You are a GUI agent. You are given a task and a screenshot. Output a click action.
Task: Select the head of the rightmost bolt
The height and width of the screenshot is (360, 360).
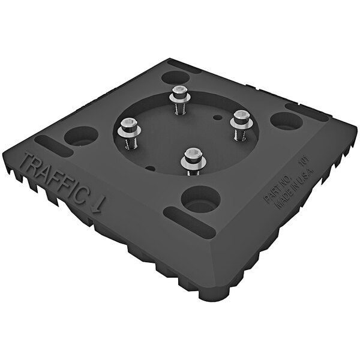(241, 116)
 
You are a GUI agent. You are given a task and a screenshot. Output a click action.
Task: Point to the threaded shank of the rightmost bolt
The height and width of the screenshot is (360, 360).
(238, 133)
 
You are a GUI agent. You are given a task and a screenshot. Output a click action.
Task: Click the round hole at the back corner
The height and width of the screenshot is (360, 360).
(175, 77)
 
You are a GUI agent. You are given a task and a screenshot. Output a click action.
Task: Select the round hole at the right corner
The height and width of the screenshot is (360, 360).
(286, 121)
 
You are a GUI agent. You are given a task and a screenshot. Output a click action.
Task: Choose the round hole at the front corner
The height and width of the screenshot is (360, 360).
(200, 199)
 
